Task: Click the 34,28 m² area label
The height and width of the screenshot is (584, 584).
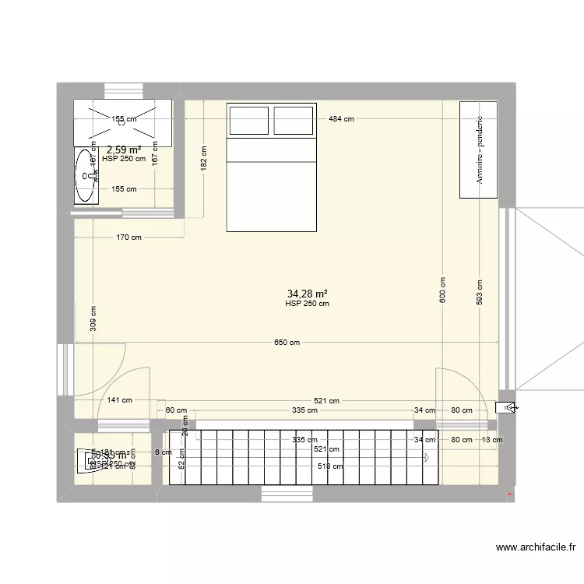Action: tap(307, 294)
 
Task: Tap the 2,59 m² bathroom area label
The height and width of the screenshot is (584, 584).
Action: tap(124, 150)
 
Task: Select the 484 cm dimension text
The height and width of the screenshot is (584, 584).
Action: tap(340, 119)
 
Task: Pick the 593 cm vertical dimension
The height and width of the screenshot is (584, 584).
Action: tap(480, 292)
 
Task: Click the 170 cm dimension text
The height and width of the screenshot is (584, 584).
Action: tap(129, 238)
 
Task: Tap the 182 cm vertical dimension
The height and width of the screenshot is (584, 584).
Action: tap(204, 159)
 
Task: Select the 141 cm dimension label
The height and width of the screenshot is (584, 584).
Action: tap(119, 400)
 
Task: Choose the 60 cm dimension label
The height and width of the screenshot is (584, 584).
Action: tap(176, 410)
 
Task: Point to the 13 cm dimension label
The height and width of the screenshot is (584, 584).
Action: tap(491, 440)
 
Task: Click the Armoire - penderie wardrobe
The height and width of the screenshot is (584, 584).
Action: tap(479, 150)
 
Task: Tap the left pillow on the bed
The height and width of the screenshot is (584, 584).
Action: tap(248, 121)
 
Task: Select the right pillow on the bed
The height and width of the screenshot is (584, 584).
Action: tap(294, 121)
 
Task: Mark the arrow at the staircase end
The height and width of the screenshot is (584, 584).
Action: tap(428, 458)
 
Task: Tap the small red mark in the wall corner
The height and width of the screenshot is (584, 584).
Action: tap(509, 494)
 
